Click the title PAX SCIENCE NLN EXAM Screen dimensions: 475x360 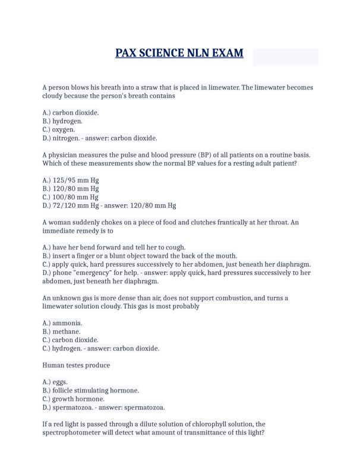tap(179, 53)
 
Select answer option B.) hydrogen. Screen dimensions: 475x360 tap(62, 121)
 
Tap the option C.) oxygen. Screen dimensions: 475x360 tap(59, 129)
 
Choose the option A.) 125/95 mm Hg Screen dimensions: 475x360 tap(71, 180)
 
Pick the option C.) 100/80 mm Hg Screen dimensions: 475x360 tap(71, 197)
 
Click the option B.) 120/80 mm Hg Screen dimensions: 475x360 tap(71, 188)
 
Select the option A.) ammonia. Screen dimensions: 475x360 tap(62, 323)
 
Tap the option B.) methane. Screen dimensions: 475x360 tap(62, 331)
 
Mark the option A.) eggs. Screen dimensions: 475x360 tap(55, 382)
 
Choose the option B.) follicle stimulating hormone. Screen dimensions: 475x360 tap(91, 391)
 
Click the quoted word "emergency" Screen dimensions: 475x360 tap(96, 273)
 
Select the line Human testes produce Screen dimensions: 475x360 tap(76, 365)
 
